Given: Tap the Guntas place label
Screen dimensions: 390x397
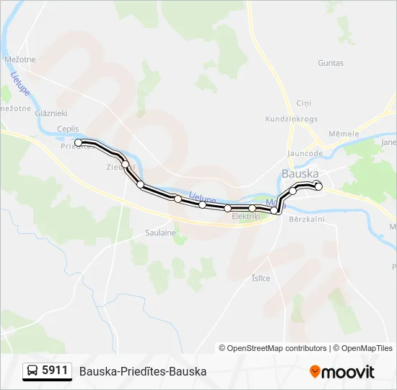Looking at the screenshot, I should tap(331, 63).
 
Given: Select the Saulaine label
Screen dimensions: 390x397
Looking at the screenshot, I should tap(161, 233).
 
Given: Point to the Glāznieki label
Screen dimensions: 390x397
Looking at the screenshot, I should tap(51, 113).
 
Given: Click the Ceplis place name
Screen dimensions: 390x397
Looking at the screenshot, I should tap(68, 129).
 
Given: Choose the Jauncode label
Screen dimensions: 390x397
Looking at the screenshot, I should tap(305, 153).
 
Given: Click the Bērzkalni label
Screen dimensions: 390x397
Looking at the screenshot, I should tap(307, 219).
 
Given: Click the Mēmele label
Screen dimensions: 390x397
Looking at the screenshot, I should tap(342, 134).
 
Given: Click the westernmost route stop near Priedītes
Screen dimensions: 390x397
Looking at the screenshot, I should tap(79, 142).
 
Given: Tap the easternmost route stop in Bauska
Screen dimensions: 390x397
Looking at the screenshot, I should tap(318, 187).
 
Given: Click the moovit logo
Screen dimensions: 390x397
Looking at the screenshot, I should tap(342, 372).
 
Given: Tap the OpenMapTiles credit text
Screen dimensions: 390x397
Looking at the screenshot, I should tap(364, 348).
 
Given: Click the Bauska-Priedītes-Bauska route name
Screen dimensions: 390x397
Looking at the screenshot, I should tap(143, 371).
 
